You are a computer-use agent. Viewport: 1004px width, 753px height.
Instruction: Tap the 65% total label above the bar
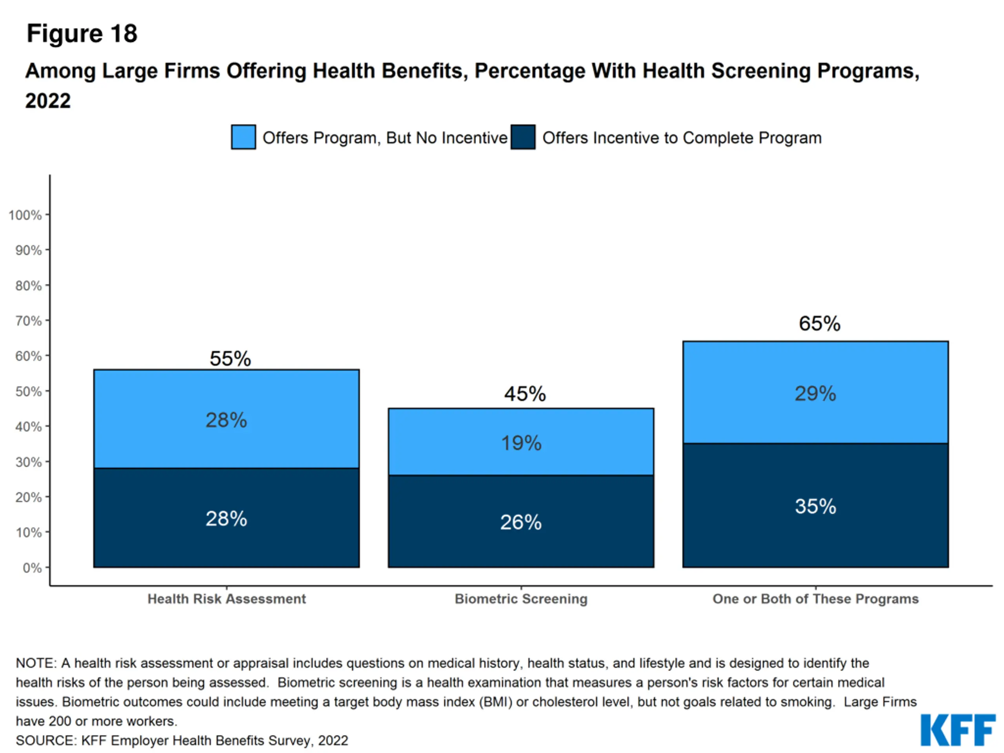click(x=819, y=324)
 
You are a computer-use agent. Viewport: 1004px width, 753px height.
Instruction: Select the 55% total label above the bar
click(x=230, y=358)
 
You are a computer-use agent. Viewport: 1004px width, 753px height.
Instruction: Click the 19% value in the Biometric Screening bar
click(x=521, y=443)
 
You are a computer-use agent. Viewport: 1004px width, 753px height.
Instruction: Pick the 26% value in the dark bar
click(x=521, y=522)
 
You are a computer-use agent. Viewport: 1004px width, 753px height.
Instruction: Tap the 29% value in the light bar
click(x=815, y=393)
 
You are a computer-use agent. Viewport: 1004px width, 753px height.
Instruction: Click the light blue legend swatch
click(x=243, y=137)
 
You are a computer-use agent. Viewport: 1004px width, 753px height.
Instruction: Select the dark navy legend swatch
click(x=523, y=137)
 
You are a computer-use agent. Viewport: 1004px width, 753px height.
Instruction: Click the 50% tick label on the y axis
click(x=28, y=391)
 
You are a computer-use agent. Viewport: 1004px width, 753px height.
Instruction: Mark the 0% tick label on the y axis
click(x=32, y=568)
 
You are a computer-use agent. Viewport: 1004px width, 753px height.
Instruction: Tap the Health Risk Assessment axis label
click(x=227, y=599)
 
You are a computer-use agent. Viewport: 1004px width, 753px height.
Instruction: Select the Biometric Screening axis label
click(x=521, y=599)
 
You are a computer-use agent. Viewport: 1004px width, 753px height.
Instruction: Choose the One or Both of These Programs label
click(x=815, y=599)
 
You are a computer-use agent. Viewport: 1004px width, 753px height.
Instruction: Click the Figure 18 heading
click(x=82, y=34)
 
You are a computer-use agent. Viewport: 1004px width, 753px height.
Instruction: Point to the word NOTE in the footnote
click(x=35, y=663)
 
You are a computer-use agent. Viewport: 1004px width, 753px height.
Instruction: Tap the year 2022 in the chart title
click(x=48, y=100)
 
